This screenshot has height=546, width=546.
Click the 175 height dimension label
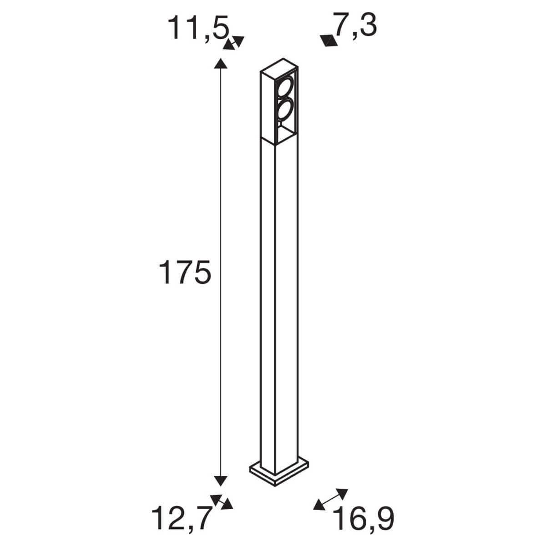pyautogui.click(x=185, y=273)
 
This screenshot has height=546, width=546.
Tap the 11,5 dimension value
pyautogui.click(x=198, y=28)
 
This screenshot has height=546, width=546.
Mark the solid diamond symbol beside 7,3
pyautogui.click(x=329, y=41)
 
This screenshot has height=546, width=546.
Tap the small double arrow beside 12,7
pyautogui.click(x=222, y=501)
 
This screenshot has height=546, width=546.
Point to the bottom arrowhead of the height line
pyautogui.click(x=221, y=480)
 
